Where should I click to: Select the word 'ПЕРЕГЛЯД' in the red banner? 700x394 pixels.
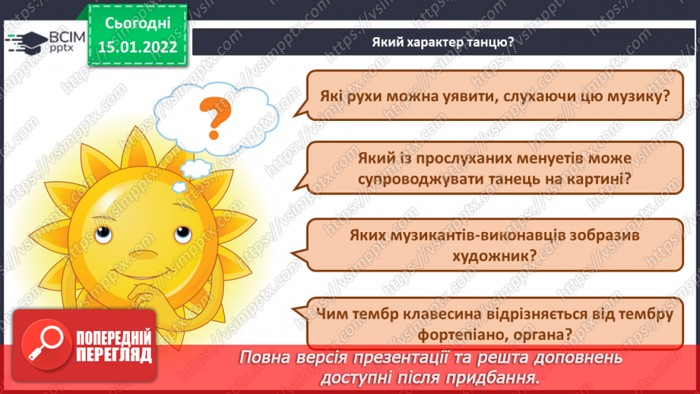click(x=112, y=354)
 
